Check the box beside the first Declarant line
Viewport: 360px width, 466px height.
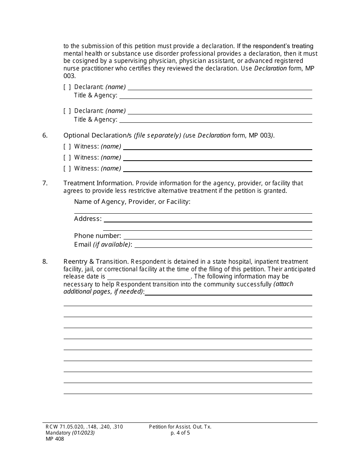[x=67, y=87]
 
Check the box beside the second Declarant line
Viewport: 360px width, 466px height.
[x=67, y=111]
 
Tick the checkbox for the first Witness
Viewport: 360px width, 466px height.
[x=67, y=147]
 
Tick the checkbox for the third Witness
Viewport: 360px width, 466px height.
[x=67, y=169]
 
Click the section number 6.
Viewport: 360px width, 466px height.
[x=45, y=135]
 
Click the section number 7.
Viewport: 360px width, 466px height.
[x=45, y=183]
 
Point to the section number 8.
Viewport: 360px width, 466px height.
[x=45, y=261]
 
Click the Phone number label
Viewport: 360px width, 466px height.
[x=97, y=236]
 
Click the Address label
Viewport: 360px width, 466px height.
[x=88, y=219]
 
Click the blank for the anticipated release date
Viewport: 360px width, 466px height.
[x=149, y=277]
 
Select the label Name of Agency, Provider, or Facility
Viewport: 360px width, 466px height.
[x=132, y=202]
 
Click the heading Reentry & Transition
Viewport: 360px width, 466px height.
[x=96, y=261]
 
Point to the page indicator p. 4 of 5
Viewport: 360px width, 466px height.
[x=180, y=433]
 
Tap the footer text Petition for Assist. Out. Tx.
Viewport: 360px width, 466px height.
[x=180, y=427]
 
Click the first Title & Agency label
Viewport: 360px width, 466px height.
[x=95, y=95]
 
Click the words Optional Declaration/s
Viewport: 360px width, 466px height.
[x=97, y=135]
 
